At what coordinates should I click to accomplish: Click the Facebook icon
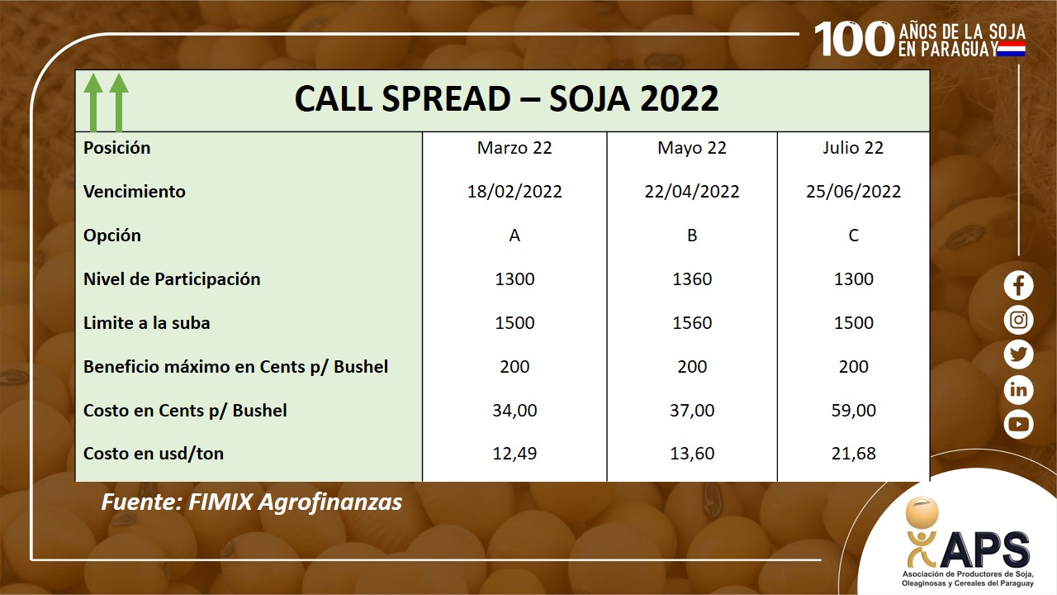coord(1018,285)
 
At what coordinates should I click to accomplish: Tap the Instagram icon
coord(1018,320)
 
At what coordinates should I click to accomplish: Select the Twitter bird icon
coord(1018,355)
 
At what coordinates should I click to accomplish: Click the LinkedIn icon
coord(1018,389)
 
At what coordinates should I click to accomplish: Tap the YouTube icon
coord(1018,425)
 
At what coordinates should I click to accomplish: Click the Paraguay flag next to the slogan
coord(1012,48)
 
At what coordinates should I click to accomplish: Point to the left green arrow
coord(93,102)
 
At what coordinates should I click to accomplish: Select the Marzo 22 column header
coord(514,148)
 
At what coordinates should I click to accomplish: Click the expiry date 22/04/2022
coord(692,191)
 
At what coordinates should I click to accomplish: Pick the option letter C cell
coord(853,236)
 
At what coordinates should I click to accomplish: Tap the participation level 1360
coord(692,279)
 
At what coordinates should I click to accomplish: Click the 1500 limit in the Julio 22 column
coord(853,323)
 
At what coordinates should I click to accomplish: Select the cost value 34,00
coord(514,411)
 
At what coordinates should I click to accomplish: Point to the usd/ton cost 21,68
coord(853,454)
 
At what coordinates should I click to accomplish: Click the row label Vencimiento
coord(135,191)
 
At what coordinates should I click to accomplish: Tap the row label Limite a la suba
coord(147,323)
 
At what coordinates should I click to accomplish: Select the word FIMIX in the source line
coord(220,502)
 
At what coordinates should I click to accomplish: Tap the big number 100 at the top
coord(854,39)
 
